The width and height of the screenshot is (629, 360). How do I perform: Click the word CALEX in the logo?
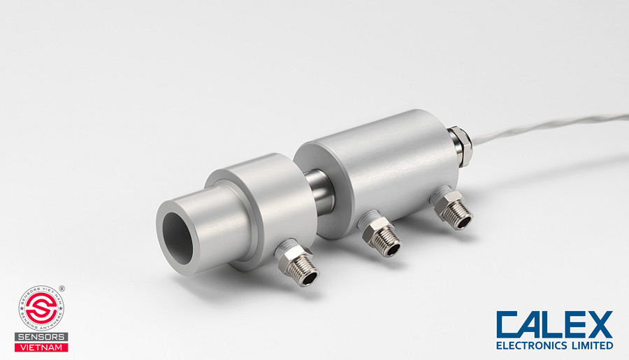[554, 325]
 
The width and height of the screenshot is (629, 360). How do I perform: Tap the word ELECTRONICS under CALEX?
[533, 345]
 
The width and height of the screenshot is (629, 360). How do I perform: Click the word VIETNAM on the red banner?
[41, 347]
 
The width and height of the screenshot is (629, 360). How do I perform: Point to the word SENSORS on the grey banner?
[41, 336]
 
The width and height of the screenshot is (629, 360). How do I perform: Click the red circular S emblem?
[41, 308]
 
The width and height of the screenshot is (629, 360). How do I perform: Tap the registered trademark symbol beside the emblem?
[62, 288]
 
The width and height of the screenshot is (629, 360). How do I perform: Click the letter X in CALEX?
[598, 325]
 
